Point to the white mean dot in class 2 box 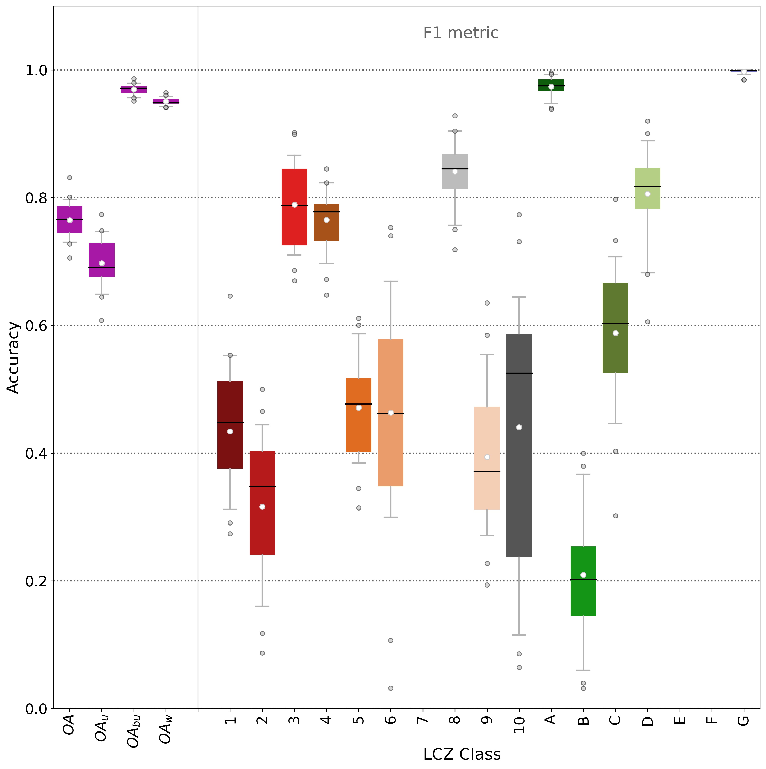(262, 507)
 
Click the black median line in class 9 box (487, 472)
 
